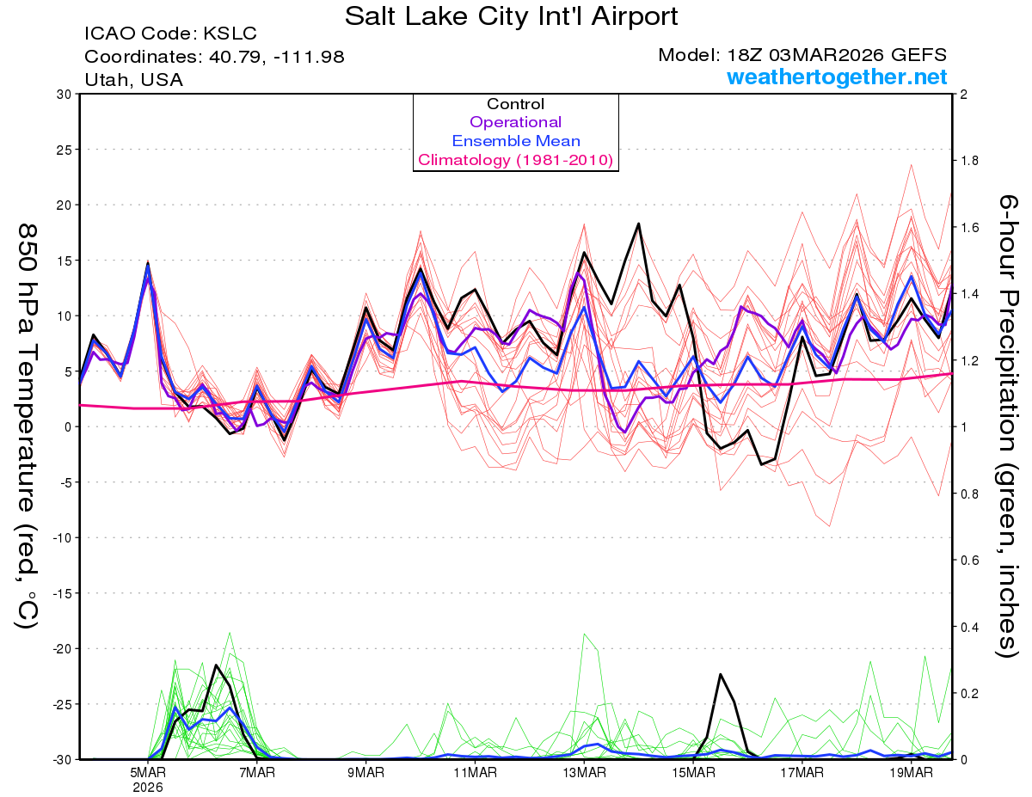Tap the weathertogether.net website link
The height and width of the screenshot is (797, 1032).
point(837,77)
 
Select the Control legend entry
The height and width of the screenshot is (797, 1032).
point(515,104)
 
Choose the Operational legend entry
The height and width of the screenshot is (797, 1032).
point(515,122)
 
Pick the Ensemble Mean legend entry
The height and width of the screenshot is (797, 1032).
point(515,141)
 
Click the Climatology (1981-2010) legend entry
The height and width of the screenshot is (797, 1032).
point(515,160)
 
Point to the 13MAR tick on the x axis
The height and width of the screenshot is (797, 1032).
point(583,772)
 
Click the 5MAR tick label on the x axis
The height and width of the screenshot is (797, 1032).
point(149,772)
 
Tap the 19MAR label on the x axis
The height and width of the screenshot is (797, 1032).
point(910,772)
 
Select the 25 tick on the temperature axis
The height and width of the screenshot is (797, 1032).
point(62,150)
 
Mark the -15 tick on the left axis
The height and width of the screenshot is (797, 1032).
point(60,593)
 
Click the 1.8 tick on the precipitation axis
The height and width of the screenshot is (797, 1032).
point(969,161)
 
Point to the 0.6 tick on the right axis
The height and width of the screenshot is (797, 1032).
point(969,561)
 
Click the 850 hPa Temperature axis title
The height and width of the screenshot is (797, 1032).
point(28,426)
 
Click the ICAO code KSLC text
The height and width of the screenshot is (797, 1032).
point(170,34)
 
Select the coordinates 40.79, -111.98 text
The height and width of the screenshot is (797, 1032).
point(214,57)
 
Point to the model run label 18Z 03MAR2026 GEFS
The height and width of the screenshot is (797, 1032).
point(802,55)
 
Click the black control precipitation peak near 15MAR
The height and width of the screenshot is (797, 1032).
point(721,674)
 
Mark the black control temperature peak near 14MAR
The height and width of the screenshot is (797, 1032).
point(639,224)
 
